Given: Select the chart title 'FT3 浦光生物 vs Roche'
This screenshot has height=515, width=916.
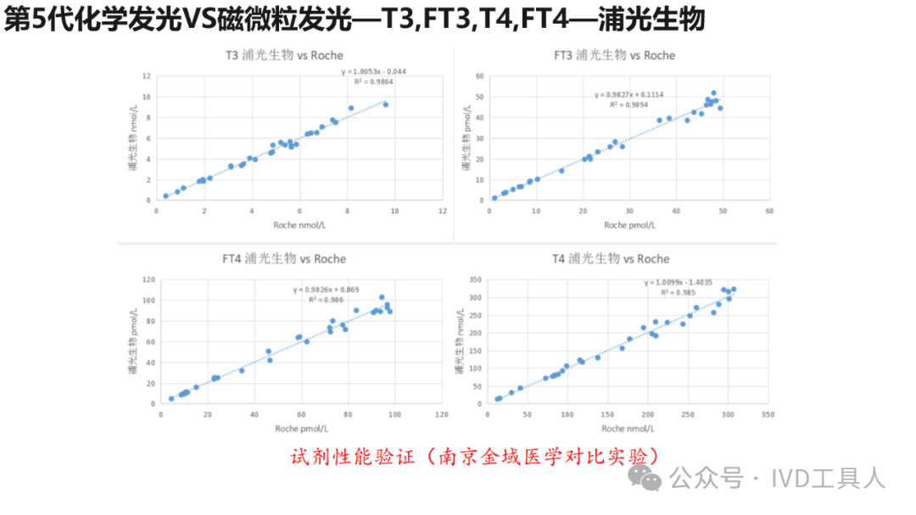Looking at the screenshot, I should coord(614,55).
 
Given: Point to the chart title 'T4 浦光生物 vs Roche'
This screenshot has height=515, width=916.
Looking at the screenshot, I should coord(611,258).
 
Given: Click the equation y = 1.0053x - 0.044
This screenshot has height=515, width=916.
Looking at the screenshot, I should coord(374,71).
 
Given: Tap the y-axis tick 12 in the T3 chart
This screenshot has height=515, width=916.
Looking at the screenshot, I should coord(147,76).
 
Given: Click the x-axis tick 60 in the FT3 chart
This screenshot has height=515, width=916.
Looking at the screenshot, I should coord(768,211).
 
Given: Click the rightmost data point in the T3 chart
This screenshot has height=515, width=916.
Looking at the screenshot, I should coord(386,104).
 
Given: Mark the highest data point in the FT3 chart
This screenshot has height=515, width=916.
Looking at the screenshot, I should coord(713,93).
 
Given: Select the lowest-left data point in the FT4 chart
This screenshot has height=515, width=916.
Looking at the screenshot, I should coord(171,398).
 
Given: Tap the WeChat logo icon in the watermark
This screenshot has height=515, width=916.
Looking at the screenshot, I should coord(651,479).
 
